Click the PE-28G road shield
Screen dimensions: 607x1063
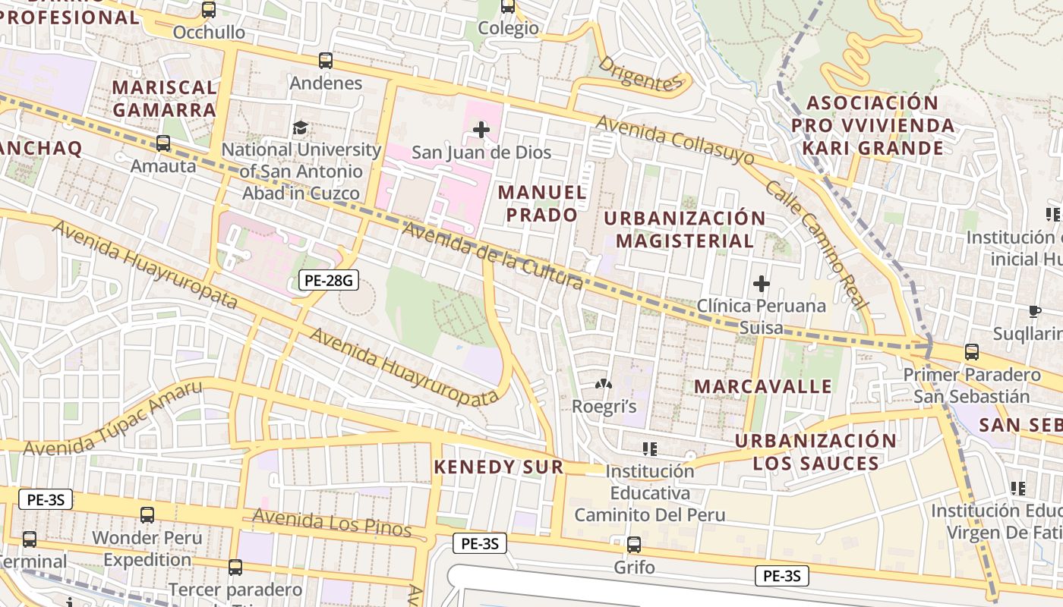(x=328, y=281)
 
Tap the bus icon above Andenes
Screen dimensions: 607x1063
(x=326, y=61)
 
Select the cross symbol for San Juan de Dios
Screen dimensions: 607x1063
(x=481, y=130)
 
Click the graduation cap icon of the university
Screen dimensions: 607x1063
(x=301, y=127)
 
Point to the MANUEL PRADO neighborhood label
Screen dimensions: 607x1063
(x=542, y=203)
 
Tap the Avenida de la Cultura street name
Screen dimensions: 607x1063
(x=494, y=256)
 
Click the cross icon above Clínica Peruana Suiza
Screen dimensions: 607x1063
(x=761, y=284)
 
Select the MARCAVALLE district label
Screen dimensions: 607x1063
(x=763, y=386)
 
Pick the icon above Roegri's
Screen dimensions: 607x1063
(x=604, y=385)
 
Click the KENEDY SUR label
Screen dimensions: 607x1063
(x=499, y=467)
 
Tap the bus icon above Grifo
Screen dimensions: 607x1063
(x=634, y=544)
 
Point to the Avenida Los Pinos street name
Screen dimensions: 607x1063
(x=332, y=523)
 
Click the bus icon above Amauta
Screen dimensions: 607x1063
(x=162, y=143)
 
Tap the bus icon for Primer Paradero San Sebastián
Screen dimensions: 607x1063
(x=971, y=352)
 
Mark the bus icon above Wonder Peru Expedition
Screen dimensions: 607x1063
(x=147, y=515)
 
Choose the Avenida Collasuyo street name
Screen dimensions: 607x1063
(x=675, y=140)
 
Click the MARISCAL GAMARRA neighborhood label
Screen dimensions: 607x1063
(x=164, y=99)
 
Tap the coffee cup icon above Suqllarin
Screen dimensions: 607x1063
(x=1034, y=311)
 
